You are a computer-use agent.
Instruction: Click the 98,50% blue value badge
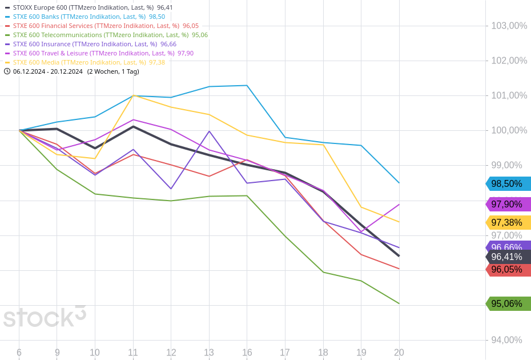coord(508,184)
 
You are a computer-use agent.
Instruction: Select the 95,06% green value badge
coord(508,304)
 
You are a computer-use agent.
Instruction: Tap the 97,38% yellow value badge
coord(508,223)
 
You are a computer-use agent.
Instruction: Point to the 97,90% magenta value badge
coord(508,205)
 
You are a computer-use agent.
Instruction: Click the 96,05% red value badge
coord(508,270)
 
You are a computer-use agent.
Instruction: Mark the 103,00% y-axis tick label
coord(509,26)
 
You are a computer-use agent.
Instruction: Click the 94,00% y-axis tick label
coord(506,340)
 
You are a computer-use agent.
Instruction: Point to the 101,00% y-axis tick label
coord(509,95)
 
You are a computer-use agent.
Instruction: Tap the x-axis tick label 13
coord(209,353)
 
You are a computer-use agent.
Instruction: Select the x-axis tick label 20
coord(399,353)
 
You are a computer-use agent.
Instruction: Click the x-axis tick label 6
coord(19,353)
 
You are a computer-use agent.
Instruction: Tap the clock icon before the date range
coord(7,71)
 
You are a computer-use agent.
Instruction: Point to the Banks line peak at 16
coord(247,86)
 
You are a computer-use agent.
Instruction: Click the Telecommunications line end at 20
coord(399,303)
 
